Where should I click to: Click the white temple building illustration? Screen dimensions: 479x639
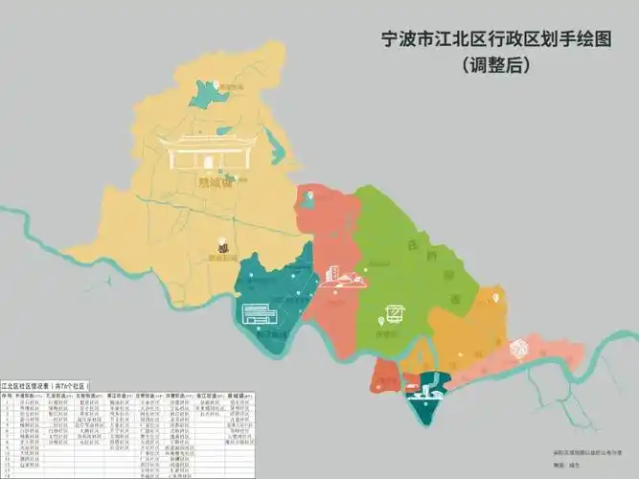(210, 153)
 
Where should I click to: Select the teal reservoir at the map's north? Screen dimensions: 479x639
(208, 93)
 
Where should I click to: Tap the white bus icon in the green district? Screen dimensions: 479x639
(393, 315)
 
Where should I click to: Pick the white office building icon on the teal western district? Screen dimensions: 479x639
(260, 312)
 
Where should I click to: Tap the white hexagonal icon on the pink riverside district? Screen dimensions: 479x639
(520, 347)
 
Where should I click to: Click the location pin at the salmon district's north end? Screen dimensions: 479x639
(308, 198)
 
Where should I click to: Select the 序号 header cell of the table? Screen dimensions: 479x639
(8, 394)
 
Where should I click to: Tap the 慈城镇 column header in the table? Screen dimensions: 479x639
(243, 394)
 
